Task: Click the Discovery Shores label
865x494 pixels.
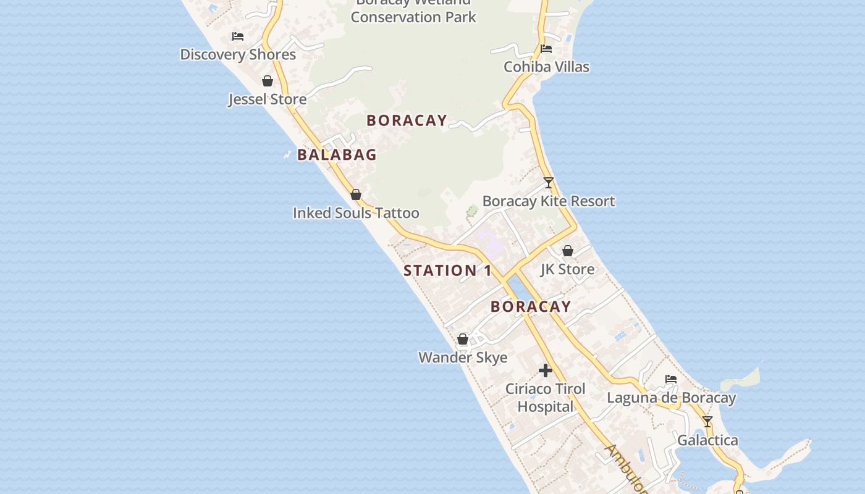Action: click(238, 54)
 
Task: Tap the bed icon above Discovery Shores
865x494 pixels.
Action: click(238, 36)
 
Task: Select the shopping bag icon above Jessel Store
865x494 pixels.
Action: click(268, 81)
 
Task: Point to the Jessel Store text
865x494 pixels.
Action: click(268, 99)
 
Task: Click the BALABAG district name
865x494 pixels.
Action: click(337, 155)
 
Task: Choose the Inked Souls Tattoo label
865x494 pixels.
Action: click(356, 213)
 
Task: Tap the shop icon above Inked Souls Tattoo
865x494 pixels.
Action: click(356, 195)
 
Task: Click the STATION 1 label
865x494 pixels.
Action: click(448, 270)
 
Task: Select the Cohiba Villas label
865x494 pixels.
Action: click(546, 67)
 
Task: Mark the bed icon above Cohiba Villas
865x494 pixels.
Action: click(546, 49)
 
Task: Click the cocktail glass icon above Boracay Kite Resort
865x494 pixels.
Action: click(549, 183)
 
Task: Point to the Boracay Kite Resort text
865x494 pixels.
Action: click(549, 201)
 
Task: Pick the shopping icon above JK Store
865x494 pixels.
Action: click(568, 251)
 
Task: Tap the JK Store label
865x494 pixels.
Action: click(568, 269)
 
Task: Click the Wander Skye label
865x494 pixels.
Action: click(463, 358)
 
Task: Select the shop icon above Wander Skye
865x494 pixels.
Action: click(463, 339)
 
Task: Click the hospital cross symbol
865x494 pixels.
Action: click(546, 371)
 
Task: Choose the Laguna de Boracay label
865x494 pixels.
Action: click(671, 398)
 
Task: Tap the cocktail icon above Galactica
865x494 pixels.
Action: click(707, 422)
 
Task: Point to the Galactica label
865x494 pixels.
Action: click(707, 440)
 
